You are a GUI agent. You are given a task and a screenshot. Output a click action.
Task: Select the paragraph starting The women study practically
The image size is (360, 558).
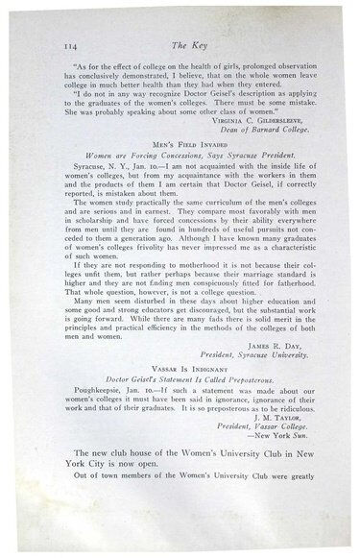click(x=183, y=234)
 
